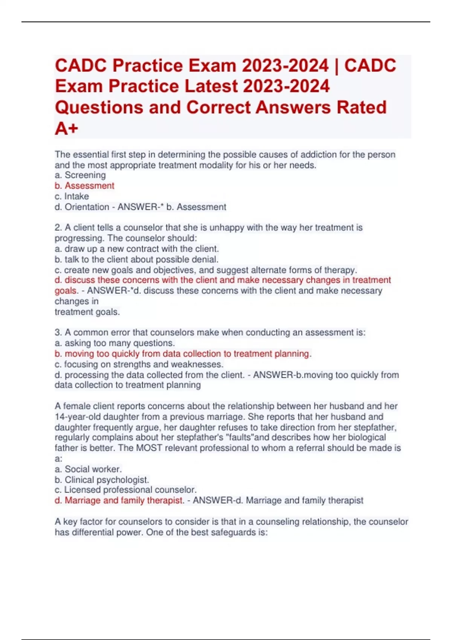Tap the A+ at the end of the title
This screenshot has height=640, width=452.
coord(66,128)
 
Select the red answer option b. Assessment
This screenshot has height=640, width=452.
coord(84,186)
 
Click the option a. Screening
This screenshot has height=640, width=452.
coord(80,175)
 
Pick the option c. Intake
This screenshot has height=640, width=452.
coord(72,196)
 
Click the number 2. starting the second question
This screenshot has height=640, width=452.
coord(58,227)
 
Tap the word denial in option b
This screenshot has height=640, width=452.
coord(206,259)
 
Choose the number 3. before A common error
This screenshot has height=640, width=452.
coord(58,332)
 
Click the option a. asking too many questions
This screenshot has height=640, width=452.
coord(115,343)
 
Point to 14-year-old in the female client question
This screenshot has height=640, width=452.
coord(75,417)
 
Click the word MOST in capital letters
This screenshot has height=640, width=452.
coord(149,448)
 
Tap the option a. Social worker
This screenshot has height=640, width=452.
coord(88,469)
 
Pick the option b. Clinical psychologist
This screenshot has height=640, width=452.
coord(102,480)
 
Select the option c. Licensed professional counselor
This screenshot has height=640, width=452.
coord(125,490)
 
